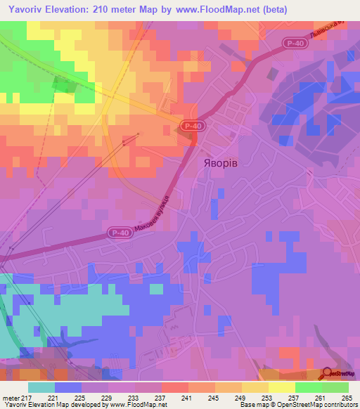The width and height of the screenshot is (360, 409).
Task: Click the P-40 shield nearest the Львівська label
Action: [295, 44]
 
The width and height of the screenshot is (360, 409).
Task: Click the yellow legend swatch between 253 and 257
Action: [281, 387]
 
